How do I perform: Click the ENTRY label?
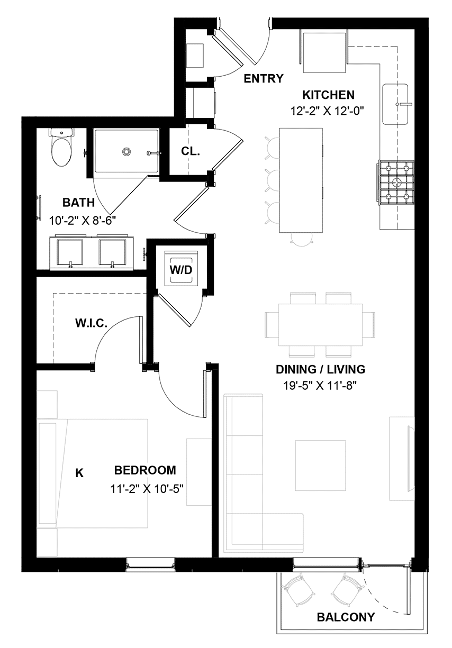tap(264, 78)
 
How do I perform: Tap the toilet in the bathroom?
tap(61, 147)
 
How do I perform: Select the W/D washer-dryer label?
tap(181, 270)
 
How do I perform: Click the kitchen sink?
tap(395, 104)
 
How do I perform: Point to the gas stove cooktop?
tap(395, 184)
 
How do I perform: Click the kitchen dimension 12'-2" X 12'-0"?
tap(327, 111)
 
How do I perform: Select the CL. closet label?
tap(191, 151)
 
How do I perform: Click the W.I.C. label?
tap(91, 323)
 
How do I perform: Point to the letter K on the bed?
tap(79, 473)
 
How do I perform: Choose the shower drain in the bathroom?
tap(126, 151)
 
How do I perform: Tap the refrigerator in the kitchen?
tap(324, 52)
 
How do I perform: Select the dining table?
tap(320, 325)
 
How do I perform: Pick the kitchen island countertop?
tap(301, 180)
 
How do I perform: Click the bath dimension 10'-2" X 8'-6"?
tap(82, 221)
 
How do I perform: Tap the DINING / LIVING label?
tap(320, 369)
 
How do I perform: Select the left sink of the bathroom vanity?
tap(70, 252)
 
